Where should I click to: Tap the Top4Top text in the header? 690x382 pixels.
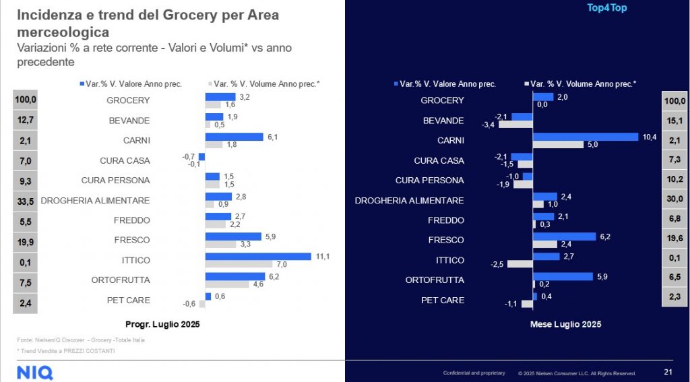point(608,8)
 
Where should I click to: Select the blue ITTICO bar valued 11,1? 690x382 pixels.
point(258,256)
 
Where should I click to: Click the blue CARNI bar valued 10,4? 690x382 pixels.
point(585,137)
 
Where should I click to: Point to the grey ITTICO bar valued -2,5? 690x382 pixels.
point(520,264)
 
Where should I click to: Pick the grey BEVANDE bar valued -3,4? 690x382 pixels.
point(515,125)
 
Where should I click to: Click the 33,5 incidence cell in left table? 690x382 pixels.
point(26,201)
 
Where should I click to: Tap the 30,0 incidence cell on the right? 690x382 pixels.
point(675,201)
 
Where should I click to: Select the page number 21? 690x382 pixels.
point(668,372)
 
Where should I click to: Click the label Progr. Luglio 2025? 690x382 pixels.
point(162,323)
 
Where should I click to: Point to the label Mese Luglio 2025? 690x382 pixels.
point(565,324)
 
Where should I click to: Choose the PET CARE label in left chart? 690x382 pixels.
point(129,300)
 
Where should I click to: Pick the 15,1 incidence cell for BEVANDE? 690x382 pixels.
point(675,121)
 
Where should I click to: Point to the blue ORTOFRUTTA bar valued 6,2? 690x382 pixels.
point(235,276)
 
